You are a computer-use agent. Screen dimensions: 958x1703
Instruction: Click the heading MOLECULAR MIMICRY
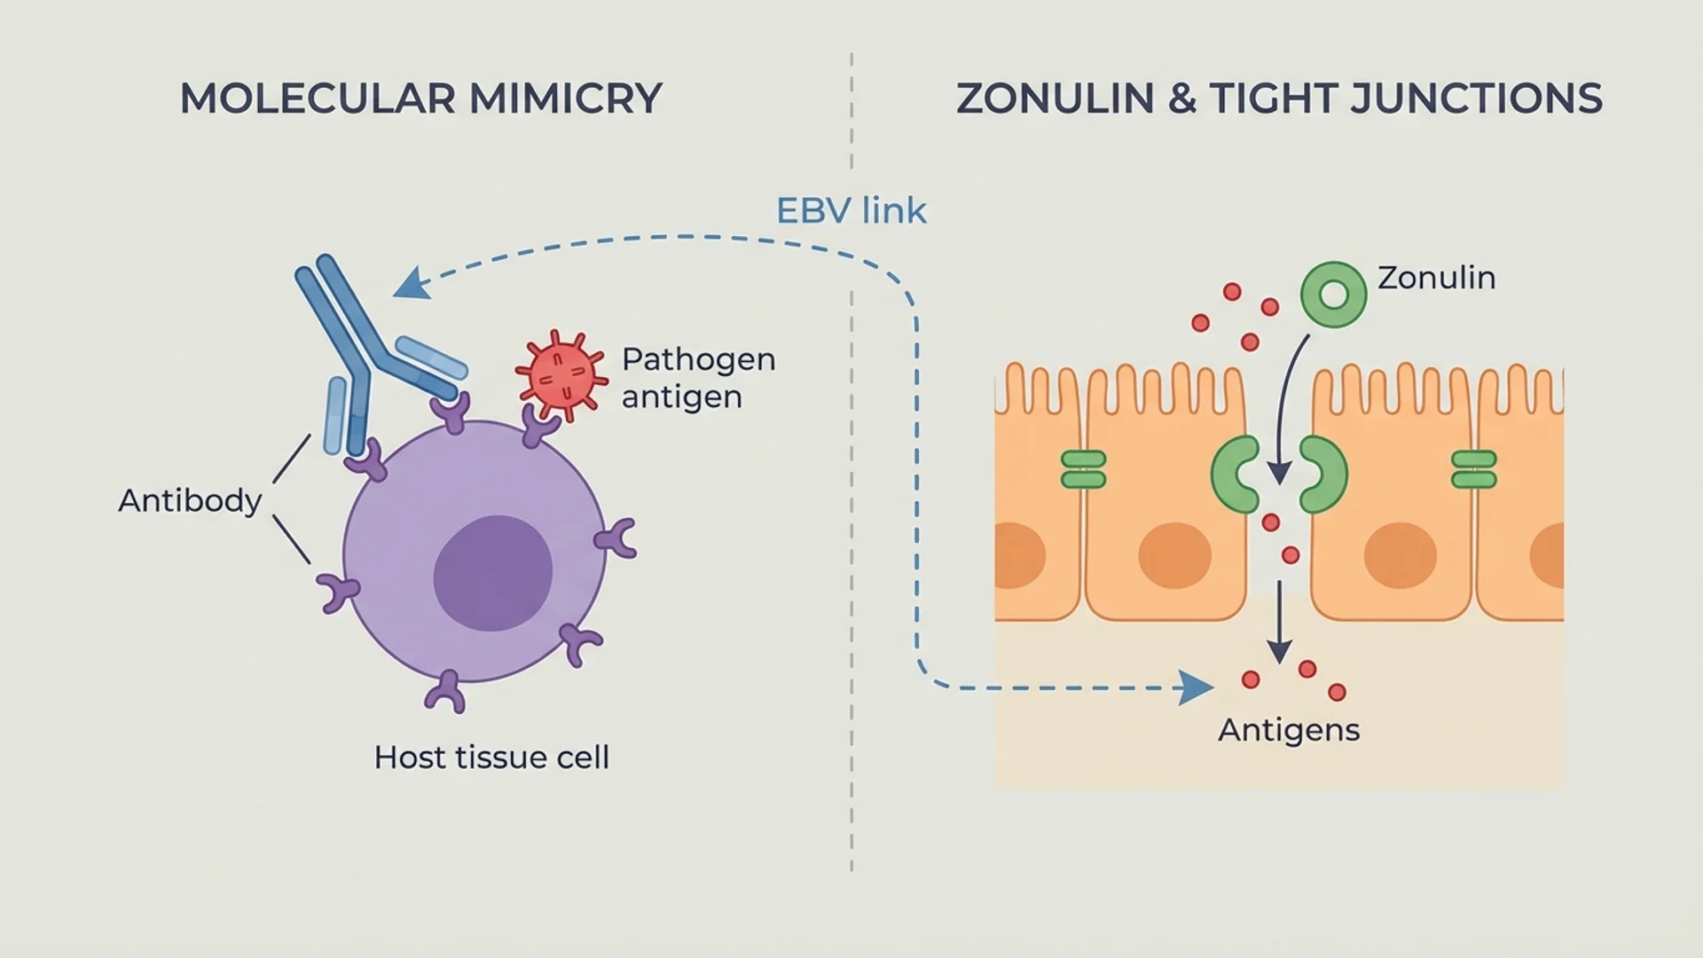(420, 98)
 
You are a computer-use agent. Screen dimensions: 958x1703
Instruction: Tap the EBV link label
(851, 211)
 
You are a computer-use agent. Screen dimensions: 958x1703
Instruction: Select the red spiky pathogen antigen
(560, 374)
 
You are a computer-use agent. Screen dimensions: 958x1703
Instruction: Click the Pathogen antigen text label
(698, 378)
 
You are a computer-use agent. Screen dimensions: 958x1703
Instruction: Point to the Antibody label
(190, 501)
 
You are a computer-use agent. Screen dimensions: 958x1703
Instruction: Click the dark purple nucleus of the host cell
(492, 573)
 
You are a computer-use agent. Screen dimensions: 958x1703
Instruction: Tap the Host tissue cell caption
(491, 758)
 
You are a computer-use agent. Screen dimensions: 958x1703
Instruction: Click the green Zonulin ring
(1333, 294)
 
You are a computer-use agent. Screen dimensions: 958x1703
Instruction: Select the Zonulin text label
(1436, 278)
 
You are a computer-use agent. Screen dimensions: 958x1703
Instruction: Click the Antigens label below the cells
(1288, 730)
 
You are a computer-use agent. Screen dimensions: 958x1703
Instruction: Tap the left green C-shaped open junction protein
(1235, 475)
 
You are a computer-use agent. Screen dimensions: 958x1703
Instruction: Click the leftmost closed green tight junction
(1083, 470)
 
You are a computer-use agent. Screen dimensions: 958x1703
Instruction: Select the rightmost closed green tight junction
(1473, 470)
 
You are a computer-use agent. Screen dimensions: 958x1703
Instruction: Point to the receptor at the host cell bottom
(446, 692)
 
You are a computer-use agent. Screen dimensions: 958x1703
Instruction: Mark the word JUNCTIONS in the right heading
(1476, 98)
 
